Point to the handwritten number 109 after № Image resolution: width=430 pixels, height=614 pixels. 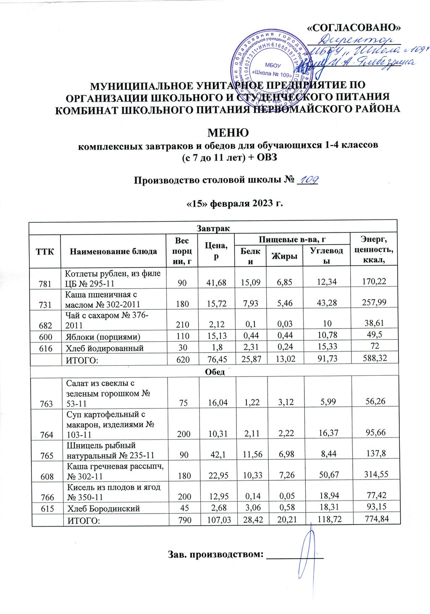pos(309,180)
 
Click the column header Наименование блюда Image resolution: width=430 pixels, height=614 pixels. pos(113,251)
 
